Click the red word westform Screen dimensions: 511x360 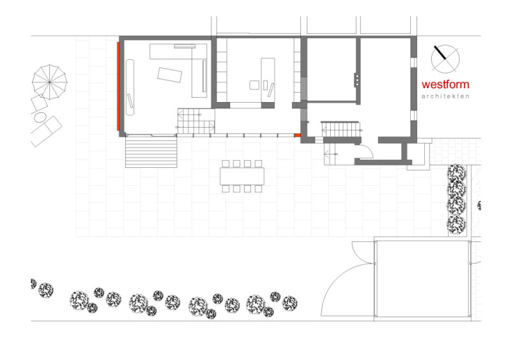click(x=445, y=84)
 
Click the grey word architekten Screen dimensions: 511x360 click(x=445, y=96)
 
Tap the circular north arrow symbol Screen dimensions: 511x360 click(x=445, y=59)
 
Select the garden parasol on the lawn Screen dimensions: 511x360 click(x=50, y=82)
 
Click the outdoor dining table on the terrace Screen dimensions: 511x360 click(x=242, y=176)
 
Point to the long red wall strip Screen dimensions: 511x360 click(x=119, y=86)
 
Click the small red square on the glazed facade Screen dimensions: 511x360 click(x=297, y=135)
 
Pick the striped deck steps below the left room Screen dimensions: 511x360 click(x=151, y=152)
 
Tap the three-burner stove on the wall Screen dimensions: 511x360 click(x=357, y=80)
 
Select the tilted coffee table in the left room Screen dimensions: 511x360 click(x=169, y=75)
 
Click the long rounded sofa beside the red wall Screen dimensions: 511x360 click(x=130, y=87)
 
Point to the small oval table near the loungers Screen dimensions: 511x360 click(x=40, y=117)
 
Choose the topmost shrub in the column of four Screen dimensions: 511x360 click(x=457, y=173)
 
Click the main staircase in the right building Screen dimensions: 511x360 click(x=341, y=130)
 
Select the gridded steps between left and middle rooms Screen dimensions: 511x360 click(x=195, y=121)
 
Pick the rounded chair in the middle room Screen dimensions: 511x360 click(x=254, y=86)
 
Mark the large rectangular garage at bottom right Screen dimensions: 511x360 click(x=422, y=279)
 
